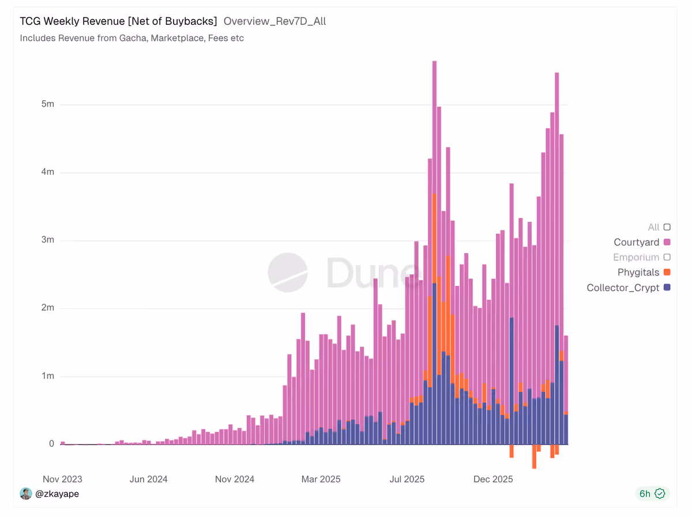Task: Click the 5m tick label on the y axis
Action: point(48,104)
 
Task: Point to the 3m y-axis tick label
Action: point(48,240)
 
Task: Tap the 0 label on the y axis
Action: point(52,444)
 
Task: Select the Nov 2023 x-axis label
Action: point(62,479)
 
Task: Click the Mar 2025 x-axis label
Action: point(321,479)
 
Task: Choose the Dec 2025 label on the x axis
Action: point(493,479)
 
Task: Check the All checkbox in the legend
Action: point(667,227)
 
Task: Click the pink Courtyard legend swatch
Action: point(667,242)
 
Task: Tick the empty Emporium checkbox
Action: point(667,257)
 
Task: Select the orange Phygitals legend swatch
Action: point(667,272)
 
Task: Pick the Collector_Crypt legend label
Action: point(623,288)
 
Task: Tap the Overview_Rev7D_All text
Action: point(274,21)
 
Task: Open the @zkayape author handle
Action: point(57,494)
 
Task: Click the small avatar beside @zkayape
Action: point(26,494)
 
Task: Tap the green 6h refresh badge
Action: point(652,494)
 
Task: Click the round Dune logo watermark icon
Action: point(288,273)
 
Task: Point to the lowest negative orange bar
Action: point(534,456)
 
